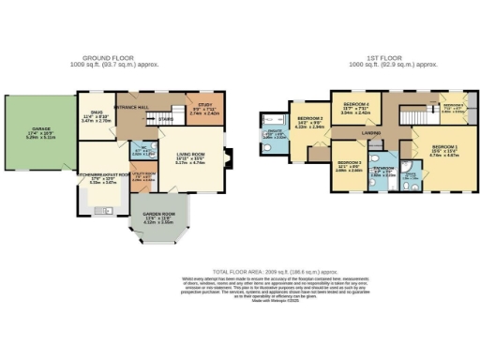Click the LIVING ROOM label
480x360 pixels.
click(x=190, y=158)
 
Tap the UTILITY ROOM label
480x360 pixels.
click(x=144, y=174)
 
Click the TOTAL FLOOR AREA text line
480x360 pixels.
click(x=242, y=269)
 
